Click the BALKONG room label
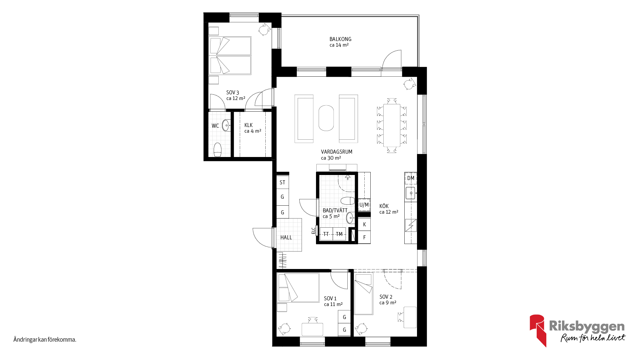pyautogui.click(x=340, y=39)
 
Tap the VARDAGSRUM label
pyautogui.click(x=337, y=152)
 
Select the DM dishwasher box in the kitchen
pyautogui.click(x=411, y=178)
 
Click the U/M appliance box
pyautogui.click(x=364, y=205)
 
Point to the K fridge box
pyautogui.click(x=364, y=224)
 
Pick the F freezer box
pyautogui.click(x=364, y=237)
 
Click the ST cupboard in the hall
pyautogui.click(x=282, y=182)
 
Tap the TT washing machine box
pyautogui.click(x=326, y=234)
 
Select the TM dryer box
pyautogui.click(x=339, y=234)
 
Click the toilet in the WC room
pyautogui.click(x=217, y=150)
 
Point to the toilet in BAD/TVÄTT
pyautogui.click(x=348, y=201)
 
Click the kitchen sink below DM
pyautogui.click(x=411, y=193)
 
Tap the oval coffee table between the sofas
pyautogui.click(x=326, y=118)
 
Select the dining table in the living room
pyautogui.click(x=392, y=125)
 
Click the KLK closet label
pyautogui.click(x=248, y=125)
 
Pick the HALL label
pyautogui.click(x=286, y=237)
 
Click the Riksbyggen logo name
pyautogui.click(x=587, y=326)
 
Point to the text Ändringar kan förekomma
pyautogui.click(x=45, y=340)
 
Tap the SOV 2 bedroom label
pyautogui.click(x=386, y=297)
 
